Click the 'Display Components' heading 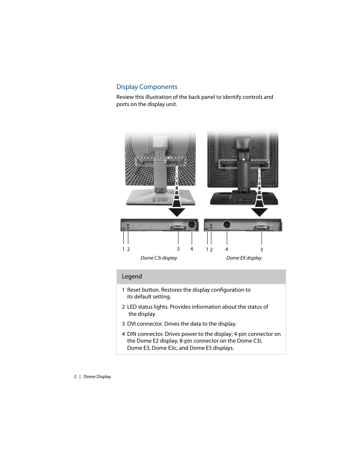[x=147, y=87]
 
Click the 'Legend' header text [x=132, y=277]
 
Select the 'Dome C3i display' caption [x=158, y=258]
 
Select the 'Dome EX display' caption [x=244, y=258]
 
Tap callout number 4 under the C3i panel [x=192, y=249]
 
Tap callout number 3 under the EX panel [x=262, y=250]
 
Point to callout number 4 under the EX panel [x=227, y=249]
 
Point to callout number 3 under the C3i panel [x=178, y=249]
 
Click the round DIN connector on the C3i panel [x=192, y=225]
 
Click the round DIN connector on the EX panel [x=227, y=225]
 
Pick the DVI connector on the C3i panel [x=178, y=227]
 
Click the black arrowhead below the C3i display [x=177, y=212]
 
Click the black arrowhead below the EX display [x=259, y=212]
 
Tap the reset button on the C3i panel [x=124, y=228]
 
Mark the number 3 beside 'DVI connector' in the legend [x=123, y=324]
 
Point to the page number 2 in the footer [x=75, y=377]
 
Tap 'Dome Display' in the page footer [x=97, y=377]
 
